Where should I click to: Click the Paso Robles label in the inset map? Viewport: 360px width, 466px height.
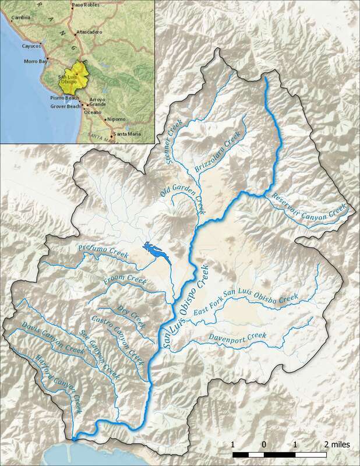(84, 5)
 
